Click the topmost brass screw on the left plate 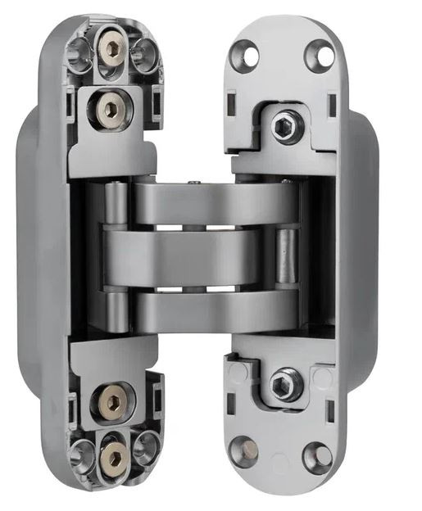pyautogui.click(x=114, y=47)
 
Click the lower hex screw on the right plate pyautogui.click(x=284, y=383)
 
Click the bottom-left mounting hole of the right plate pyautogui.click(x=243, y=450)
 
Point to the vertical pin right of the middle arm pyautogui.click(x=286, y=258)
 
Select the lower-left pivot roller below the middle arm pyautogui.click(x=116, y=310)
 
